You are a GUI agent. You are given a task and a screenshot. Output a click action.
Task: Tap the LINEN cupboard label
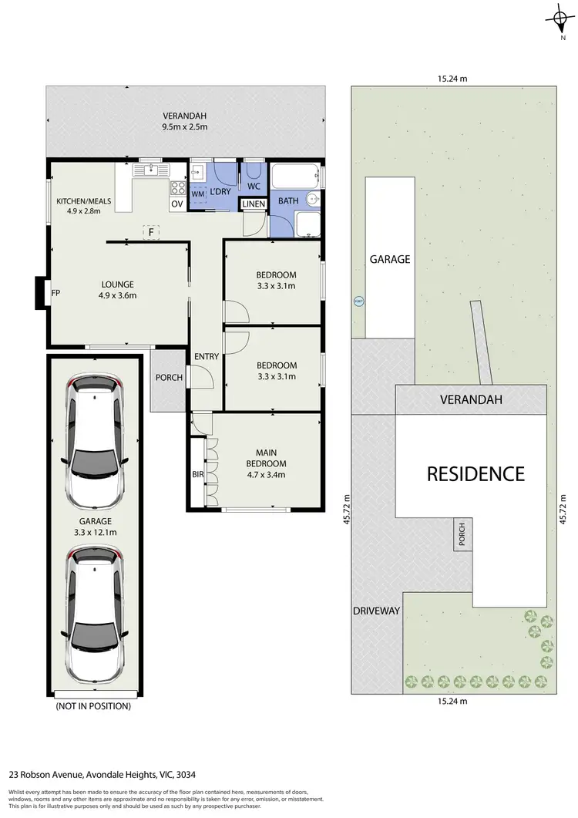(254, 204)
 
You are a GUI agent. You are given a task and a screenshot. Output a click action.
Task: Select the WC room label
(254, 186)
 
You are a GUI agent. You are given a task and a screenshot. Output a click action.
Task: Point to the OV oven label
(176, 204)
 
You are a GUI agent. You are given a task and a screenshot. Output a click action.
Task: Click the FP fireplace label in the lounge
(55, 293)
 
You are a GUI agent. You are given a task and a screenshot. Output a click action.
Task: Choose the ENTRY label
(206, 356)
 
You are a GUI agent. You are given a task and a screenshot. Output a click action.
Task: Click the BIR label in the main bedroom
(197, 475)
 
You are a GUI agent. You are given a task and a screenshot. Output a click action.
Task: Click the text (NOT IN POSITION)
(93, 705)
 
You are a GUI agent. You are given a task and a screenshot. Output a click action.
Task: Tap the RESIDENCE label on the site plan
(476, 473)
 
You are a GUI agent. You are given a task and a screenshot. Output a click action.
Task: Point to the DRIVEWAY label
(376, 611)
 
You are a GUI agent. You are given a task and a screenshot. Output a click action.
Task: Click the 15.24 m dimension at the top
(452, 78)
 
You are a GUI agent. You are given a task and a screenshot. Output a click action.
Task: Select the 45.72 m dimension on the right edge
(566, 509)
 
